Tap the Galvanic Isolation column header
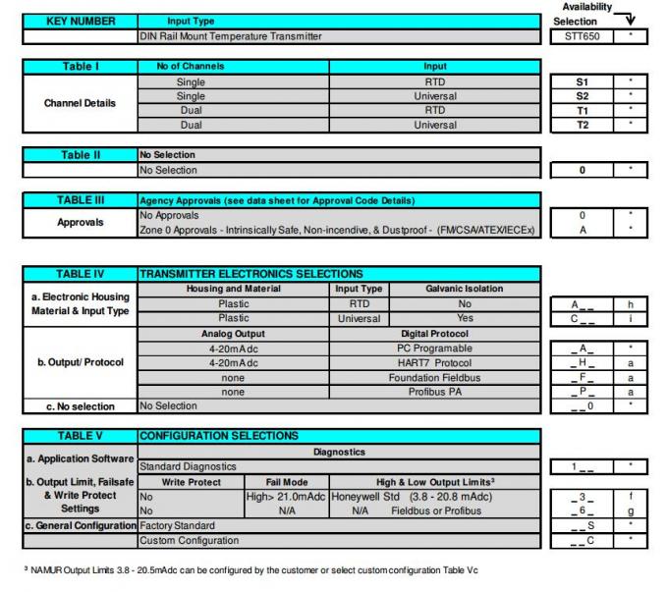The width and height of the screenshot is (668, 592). click(x=464, y=288)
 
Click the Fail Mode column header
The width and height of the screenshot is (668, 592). click(x=295, y=481)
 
